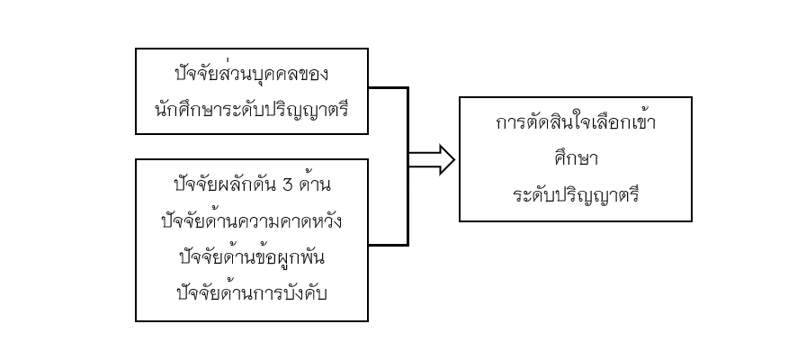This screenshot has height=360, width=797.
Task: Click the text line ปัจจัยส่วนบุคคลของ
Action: (252, 74)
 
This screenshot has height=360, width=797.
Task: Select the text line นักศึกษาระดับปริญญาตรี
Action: (252, 108)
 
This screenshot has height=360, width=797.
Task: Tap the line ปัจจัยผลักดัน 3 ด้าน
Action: (252, 184)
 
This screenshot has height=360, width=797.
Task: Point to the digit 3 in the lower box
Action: (287, 185)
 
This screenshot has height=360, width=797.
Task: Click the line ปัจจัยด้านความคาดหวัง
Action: (252, 220)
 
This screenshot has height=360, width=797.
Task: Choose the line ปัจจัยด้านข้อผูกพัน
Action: (252, 256)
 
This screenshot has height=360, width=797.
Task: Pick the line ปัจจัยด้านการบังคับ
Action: (252, 293)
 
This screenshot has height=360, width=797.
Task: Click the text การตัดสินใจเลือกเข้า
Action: (576, 122)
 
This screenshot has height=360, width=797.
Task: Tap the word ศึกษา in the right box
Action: (576, 159)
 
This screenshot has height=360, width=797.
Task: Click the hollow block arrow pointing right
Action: (432, 159)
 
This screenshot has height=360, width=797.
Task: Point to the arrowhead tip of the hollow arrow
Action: (454, 159)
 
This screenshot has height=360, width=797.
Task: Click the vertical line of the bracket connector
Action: (407, 166)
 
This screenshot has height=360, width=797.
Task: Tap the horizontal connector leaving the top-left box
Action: (388, 88)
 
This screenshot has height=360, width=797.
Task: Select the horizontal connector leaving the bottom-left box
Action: (388, 245)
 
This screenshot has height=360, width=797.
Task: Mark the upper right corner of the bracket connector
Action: (407, 88)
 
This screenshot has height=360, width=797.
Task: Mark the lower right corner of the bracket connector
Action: (407, 245)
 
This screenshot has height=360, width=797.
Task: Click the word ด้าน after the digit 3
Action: (315, 183)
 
